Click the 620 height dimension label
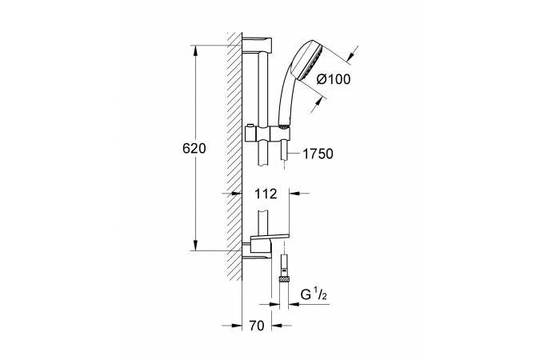[194, 149]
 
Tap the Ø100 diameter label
[334, 79]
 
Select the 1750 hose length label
[318, 154]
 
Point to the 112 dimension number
[266, 194]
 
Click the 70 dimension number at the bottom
[257, 326]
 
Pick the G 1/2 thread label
[314, 294]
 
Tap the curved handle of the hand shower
[286, 100]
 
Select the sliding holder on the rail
[267, 134]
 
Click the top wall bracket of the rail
[257, 45]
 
